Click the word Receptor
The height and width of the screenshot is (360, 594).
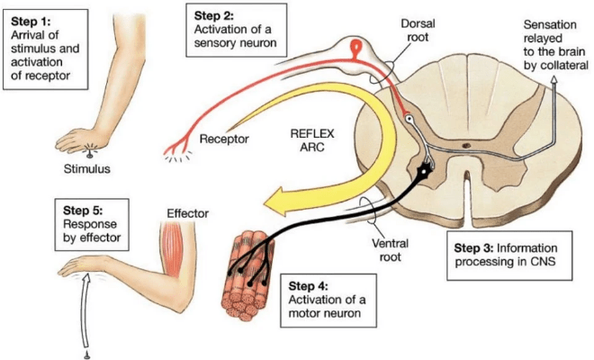pos(226,139)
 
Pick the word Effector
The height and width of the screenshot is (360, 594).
pos(187,214)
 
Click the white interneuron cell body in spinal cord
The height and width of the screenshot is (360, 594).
pos(409,118)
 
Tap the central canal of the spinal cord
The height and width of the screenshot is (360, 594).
pos(468,143)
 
